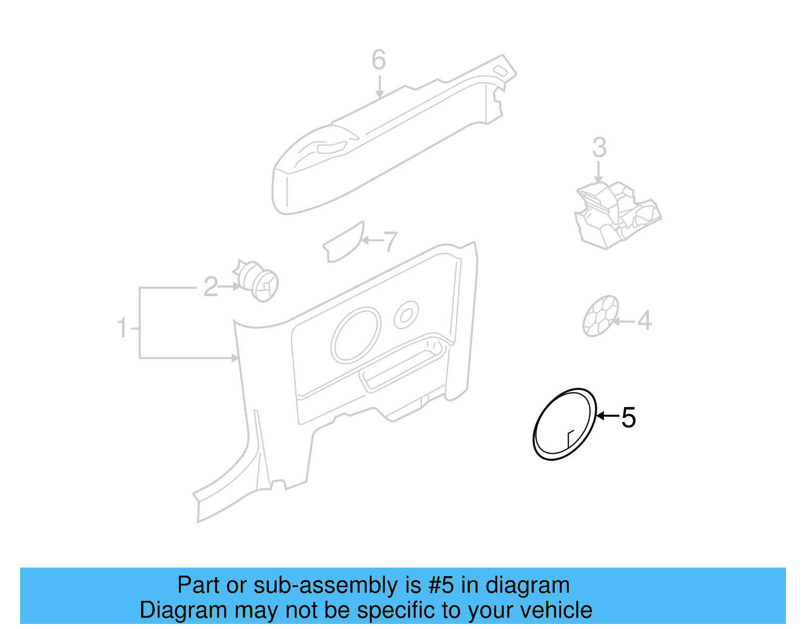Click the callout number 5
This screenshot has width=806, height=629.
[628, 417]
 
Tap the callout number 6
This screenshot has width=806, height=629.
[379, 60]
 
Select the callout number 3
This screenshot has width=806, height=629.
[599, 148]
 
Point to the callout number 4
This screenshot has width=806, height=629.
[644, 320]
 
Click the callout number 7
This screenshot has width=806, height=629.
[390, 242]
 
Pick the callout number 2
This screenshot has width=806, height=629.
[211, 287]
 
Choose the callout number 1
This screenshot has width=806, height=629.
[122, 328]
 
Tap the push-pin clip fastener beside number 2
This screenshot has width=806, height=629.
[258, 282]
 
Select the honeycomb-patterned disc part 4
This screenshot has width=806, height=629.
[600, 316]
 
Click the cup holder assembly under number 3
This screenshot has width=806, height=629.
[617, 214]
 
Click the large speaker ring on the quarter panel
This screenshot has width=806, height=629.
[356, 335]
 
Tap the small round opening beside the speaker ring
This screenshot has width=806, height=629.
[406, 315]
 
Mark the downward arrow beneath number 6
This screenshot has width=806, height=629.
[379, 87]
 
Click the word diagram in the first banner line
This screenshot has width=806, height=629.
[527, 585]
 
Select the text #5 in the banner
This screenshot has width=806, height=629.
[441, 585]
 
